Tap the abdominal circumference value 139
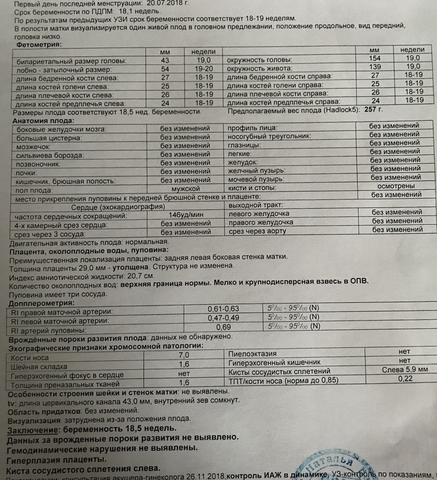(374, 66)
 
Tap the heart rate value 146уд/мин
(185, 215)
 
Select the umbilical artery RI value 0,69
(222, 327)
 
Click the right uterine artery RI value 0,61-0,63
(222, 309)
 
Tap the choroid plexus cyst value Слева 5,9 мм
(399, 369)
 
